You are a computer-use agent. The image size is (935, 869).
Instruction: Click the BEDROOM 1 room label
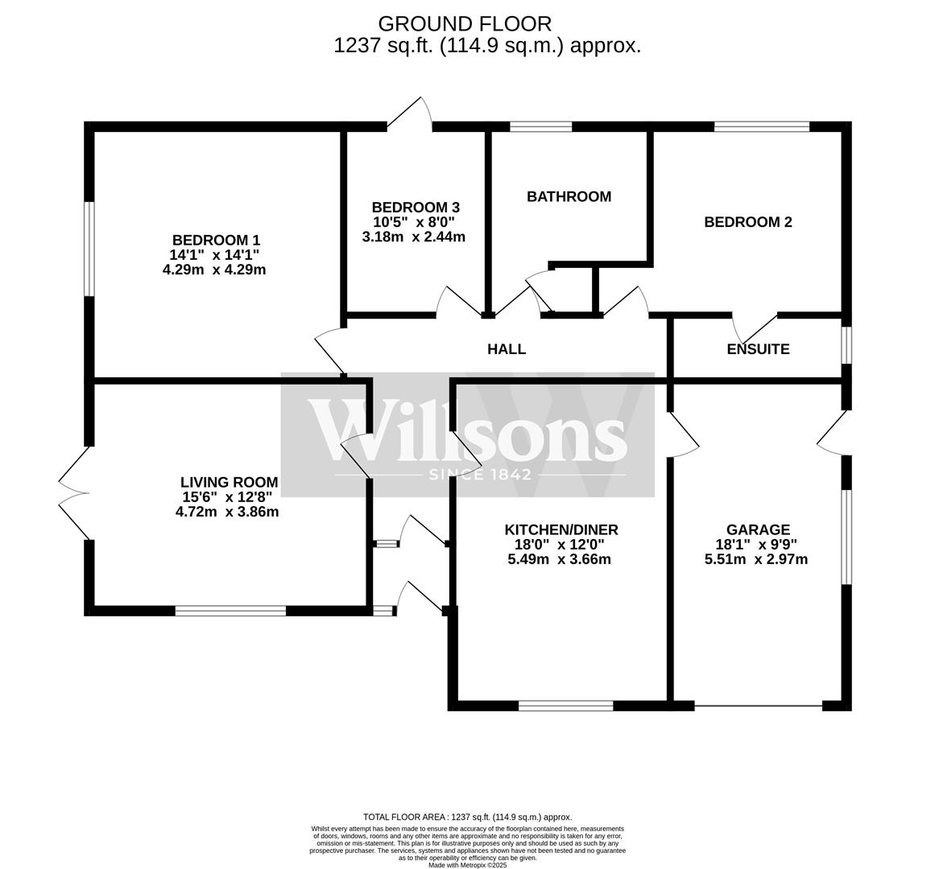point(216,240)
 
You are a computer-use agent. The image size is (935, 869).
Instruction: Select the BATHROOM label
point(569,196)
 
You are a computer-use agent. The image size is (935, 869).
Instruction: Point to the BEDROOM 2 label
point(747,222)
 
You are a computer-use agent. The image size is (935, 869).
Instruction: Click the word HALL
point(507,349)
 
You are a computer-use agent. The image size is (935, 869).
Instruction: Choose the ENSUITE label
point(758,349)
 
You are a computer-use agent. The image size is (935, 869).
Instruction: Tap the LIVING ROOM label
point(229,482)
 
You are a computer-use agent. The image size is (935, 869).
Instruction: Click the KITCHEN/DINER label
point(561,529)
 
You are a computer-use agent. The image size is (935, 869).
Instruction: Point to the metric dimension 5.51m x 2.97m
point(756,559)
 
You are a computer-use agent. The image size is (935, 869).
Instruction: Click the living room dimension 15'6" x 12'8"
point(227,497)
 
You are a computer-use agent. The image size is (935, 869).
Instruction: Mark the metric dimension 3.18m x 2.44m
point(414,237)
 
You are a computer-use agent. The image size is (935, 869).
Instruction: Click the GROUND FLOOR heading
point(465,23)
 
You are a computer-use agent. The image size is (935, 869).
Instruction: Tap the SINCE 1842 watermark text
point(481,475)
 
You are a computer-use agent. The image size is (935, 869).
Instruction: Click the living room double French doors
point(74,492)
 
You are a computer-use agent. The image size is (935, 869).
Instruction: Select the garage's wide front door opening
point(758,706)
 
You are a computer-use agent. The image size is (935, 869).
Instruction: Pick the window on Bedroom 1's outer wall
point(90,249)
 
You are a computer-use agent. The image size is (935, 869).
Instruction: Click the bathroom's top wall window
point(540,126)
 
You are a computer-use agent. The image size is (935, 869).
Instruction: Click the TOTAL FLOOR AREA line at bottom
point(467,817)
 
